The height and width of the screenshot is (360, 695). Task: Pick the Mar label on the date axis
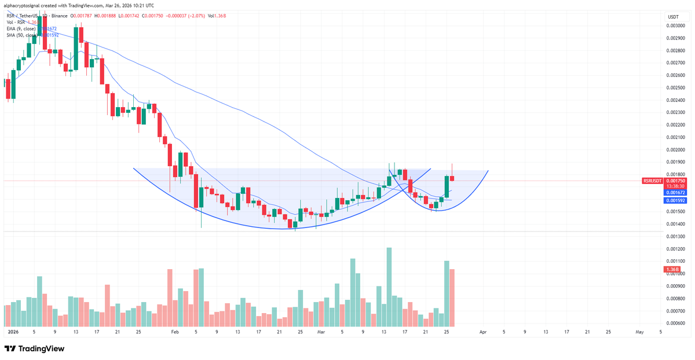tap(321, 332)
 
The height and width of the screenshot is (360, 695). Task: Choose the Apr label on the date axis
tap(482, 332)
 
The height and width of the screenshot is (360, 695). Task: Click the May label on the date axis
tap(640, 332)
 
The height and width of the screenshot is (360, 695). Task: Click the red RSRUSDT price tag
tap(652, 181)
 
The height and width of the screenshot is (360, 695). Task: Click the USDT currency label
tap(673, 17)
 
